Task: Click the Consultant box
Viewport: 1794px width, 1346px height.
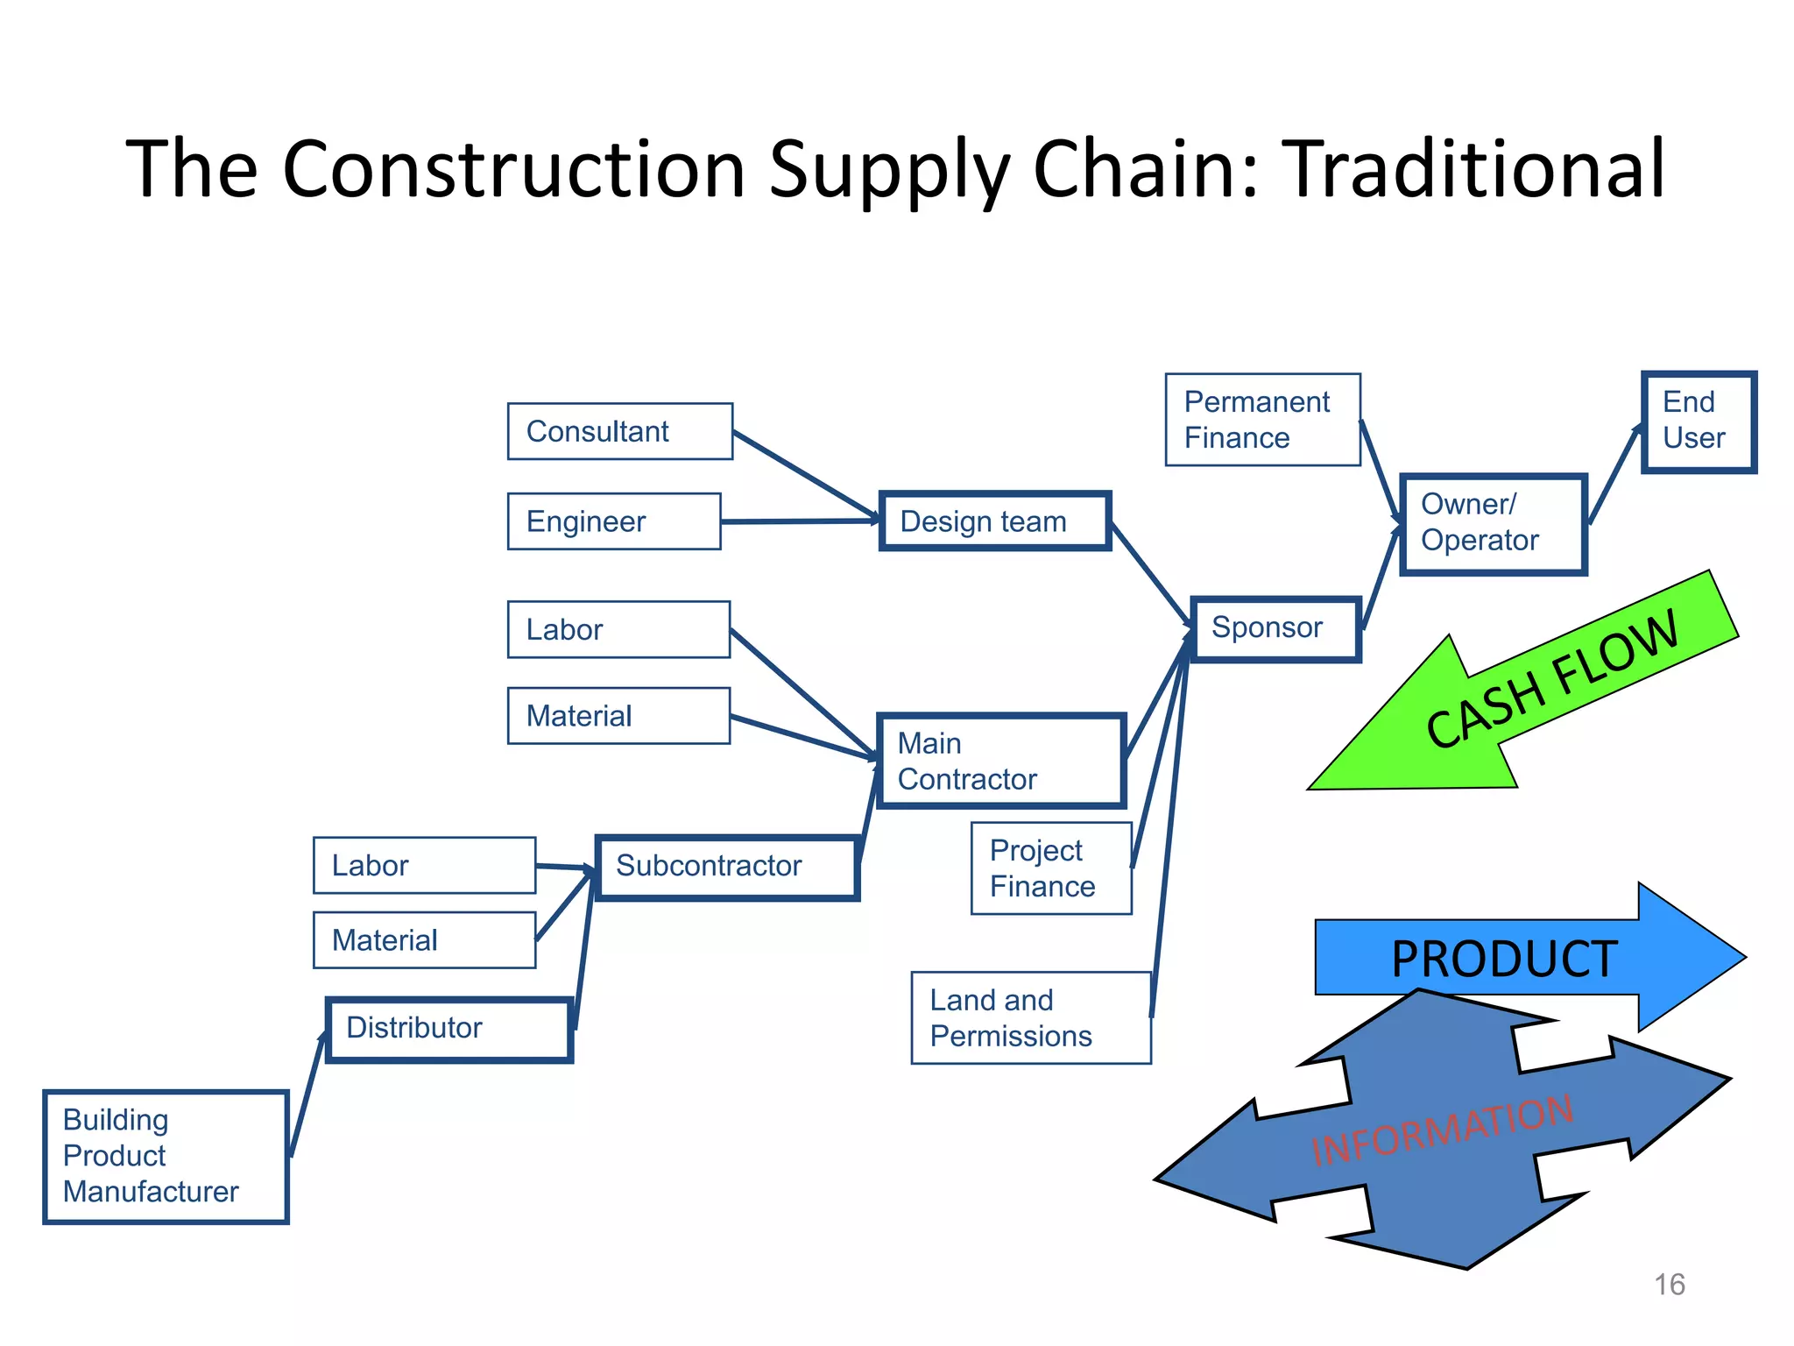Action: (x=619, y=431)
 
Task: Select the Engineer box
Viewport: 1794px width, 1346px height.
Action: (x=613, y=521)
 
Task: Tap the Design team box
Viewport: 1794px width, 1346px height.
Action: (x=995, y=521)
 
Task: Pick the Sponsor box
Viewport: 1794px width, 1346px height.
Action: (x=1275, y=628)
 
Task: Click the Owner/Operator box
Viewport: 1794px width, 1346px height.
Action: (x=1494, y=524)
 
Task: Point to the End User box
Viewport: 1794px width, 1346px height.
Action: (x=1699, y=422)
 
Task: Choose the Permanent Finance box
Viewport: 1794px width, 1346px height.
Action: (x=1262, y=420)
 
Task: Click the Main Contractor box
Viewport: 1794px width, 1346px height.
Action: (x=1000, y=761)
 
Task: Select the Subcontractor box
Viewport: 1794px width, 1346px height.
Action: (x=727, y=867)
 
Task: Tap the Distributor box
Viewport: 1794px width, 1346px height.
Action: (x=449, y=1029)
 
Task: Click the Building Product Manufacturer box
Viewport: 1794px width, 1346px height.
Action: (x=166, y=1156)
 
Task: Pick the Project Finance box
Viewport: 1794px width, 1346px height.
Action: (x=1051, y=868)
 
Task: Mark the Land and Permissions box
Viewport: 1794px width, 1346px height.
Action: (x=1030, y=1018)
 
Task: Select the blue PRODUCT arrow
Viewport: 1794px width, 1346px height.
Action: (x=1524, y=957)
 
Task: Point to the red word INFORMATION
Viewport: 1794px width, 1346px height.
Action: (x=1442, y=1130)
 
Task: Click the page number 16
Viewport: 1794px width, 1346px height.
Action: (x=1669, y=1285)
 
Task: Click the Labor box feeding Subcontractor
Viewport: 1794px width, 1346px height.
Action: (x=424, y=866)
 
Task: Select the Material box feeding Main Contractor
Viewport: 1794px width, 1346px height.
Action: (x=618, y=716)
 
